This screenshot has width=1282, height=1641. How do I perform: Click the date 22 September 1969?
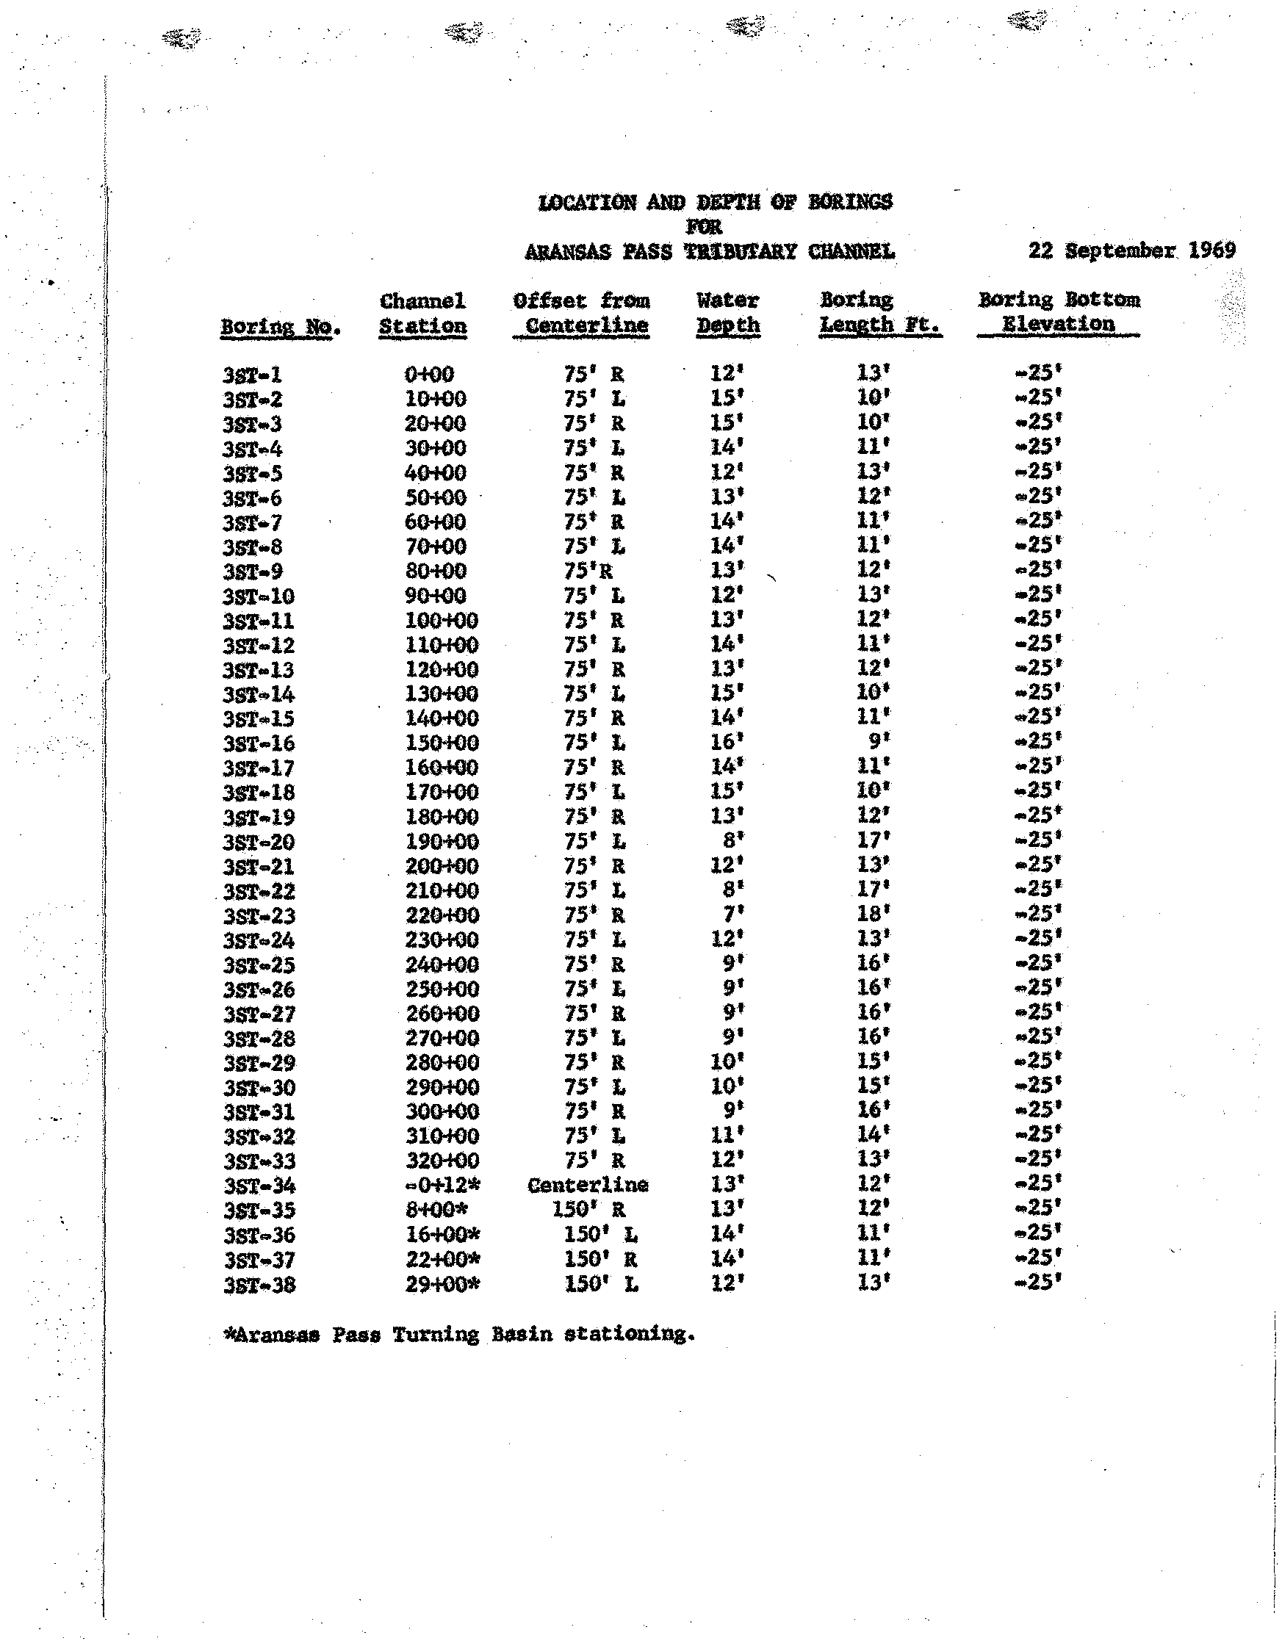[x=1131, y=250]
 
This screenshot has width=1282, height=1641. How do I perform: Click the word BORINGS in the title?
[x=850, y=201]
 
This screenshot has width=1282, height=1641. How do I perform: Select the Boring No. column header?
[x=281, y=327]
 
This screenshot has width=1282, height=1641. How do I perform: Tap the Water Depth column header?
[x=727, y=313]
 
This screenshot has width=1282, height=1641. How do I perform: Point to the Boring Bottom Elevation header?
[x=1058, y=311]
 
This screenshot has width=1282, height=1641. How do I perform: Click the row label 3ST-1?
[x=253, y=374]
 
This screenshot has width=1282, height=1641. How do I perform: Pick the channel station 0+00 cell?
[x=429, y=373]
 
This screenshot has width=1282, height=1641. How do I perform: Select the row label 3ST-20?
[x=259, y=842]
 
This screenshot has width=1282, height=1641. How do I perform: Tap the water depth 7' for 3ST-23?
[x=732, y=915]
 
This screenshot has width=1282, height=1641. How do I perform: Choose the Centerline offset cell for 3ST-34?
[x=587, y=1185]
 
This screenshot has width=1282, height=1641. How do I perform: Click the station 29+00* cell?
[x=442, y=1284]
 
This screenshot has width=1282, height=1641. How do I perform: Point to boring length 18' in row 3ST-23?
[x=874, y=915]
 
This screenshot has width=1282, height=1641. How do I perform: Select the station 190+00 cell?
[x=442, y=842]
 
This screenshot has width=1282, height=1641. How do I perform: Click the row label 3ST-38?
[x=259, y=1285]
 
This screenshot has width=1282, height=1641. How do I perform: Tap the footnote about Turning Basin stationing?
[x=459, y=1335]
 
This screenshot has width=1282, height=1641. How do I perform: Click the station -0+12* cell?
[x=442, y=1185]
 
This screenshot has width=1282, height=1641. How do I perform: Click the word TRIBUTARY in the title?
[x=739, y=251]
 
